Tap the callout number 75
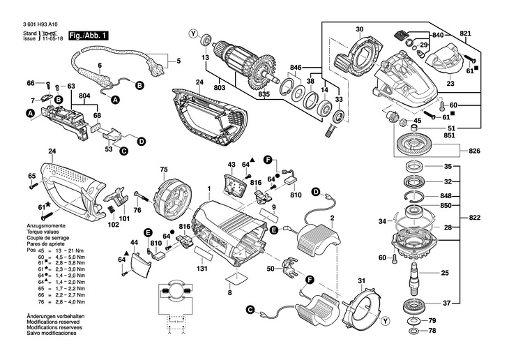(x=164, y=170)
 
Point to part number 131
(x=202, y=269)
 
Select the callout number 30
(x=359, y=29)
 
